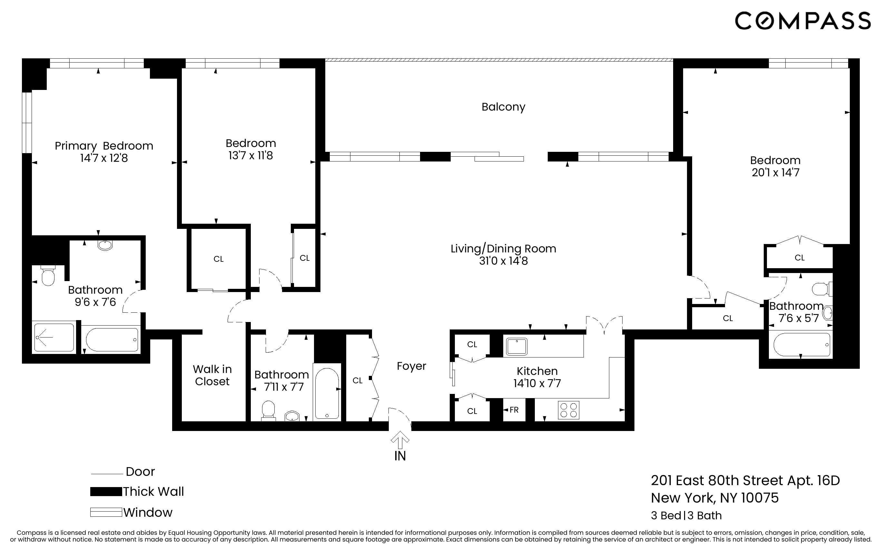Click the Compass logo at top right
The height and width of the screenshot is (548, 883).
[x=802, y=21]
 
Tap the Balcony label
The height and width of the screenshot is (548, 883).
[x=503, y=107]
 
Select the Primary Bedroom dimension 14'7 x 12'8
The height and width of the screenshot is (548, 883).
[x=104, y=158]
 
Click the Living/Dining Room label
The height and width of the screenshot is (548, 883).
[x=503, y=249]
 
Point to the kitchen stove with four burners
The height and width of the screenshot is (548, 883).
[x=568, y=410]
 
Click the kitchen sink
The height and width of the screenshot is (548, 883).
[x=516, y=347]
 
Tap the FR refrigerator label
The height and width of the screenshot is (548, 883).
[x=514, y=410]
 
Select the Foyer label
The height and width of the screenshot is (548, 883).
[x=411, y=366]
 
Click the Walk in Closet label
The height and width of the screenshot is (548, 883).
[x=212, y=375]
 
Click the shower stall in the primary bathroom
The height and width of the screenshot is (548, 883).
[x=54, y=338]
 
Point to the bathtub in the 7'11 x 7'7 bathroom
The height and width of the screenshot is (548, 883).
[x=327, y=394]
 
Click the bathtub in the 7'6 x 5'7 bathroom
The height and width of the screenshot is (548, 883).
[x=801, y=345]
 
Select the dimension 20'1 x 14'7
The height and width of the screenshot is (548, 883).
[x=775, y=172]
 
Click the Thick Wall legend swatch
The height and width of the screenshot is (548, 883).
[x=106, y=492]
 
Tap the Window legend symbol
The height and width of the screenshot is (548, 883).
[x=106, y=513]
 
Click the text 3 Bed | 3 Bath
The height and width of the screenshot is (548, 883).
[x=686, y=515]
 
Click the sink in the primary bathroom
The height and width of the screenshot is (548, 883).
[x=105, y=245]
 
